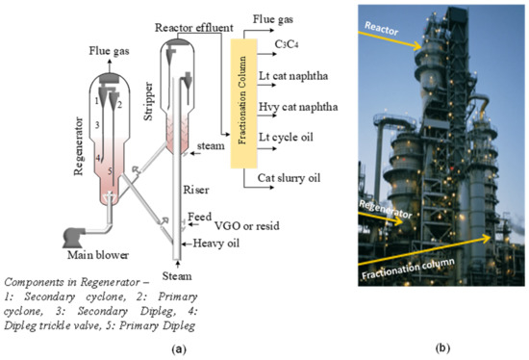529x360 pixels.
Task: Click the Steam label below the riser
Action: coord(185,274)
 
